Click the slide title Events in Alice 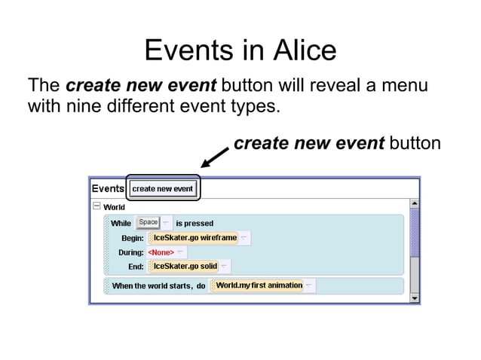pos(240,50)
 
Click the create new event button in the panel pos(163,188)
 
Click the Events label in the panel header pos(108,188)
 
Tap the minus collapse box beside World pos(97,206)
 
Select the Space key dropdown pos(149,222)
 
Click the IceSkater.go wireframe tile pos(194,238)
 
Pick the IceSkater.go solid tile pos(184,267)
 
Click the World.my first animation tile pos(258,285)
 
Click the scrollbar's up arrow pos(414,204)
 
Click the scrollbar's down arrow pos(414,298)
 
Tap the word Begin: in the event pos(133,238)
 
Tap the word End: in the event pos(136,267)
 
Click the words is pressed pos(195,223)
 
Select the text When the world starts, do pos(158,286)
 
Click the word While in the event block pos(121,223)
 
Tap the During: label pos(131,252)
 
